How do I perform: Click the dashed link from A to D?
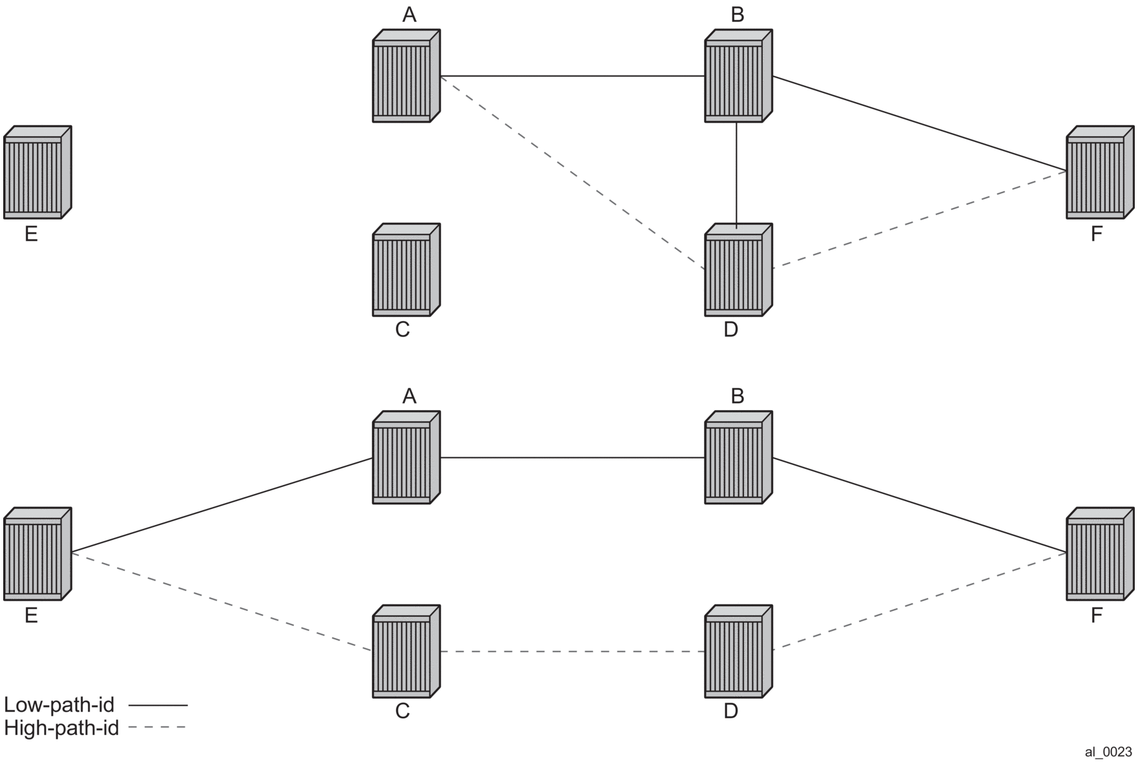point(572,172)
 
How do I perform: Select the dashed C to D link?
point(572,652)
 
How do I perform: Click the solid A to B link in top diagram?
point(572,76)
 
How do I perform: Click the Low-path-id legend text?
point(59,705)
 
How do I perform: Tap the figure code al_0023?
point(1108,752)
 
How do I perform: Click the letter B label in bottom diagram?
point(737,396)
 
